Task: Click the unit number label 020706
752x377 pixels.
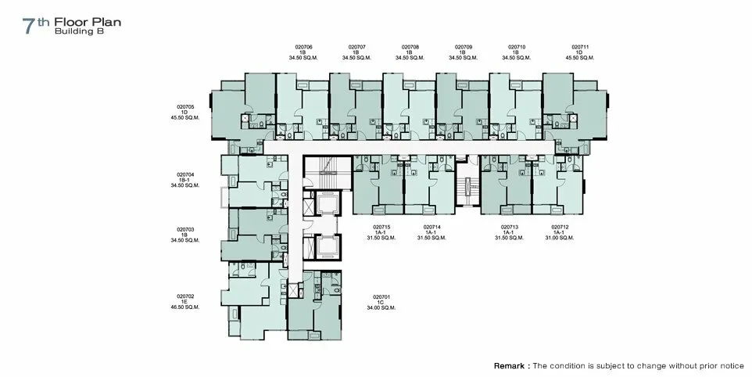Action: click(303, 47)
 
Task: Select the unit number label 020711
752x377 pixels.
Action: click(580, 47)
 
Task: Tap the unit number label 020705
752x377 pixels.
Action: click(185, 107)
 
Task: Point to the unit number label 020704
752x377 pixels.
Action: click(185, 174)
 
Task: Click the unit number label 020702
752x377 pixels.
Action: click(185, 296)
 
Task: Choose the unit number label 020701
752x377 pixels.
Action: click(381, 297)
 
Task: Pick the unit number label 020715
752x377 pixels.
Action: click(381, 227)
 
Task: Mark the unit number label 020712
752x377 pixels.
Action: click(560, 227)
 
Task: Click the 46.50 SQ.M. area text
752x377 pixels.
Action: click(185, 307)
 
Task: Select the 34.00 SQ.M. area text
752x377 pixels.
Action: click(381, 307)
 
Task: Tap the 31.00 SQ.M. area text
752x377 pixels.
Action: click(560, 238)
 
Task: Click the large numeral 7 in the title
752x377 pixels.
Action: click(29, 27)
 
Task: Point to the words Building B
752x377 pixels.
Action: click(79, 31)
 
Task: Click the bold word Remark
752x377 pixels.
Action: click(509, 366)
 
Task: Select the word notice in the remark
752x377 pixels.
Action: click(731, 366)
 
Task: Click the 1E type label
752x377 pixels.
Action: click(185, 302)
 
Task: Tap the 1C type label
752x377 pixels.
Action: click(381, 302)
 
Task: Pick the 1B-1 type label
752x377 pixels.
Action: click(185, 180)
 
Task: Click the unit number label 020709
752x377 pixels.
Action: click(464, 47)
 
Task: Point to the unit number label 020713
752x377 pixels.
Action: click(510, 227)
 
